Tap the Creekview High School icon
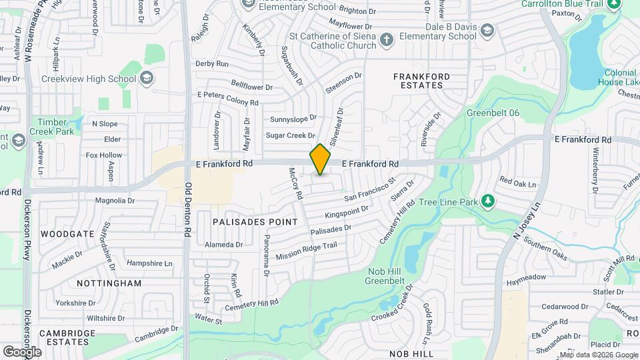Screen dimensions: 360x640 tap(145, 79)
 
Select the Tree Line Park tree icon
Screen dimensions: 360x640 tap(489, 201)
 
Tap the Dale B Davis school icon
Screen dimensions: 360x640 tap(487, 31)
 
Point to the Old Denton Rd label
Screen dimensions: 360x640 tap(188, 211)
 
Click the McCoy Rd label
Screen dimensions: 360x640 tap(296, 184)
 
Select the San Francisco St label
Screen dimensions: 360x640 tap(370, 189)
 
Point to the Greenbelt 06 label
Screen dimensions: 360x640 tap(493, 113)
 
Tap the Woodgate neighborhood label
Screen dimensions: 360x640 tap(67, 234)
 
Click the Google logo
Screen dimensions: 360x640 tap(22, 351)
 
